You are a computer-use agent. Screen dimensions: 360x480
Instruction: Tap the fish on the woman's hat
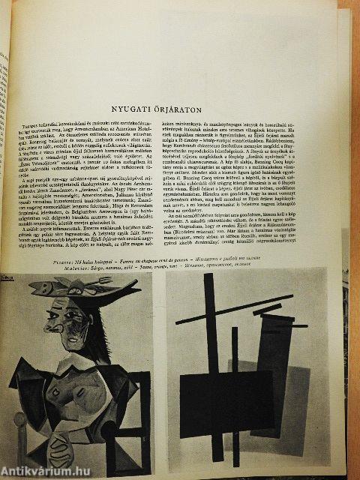(x=71, y=286)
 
